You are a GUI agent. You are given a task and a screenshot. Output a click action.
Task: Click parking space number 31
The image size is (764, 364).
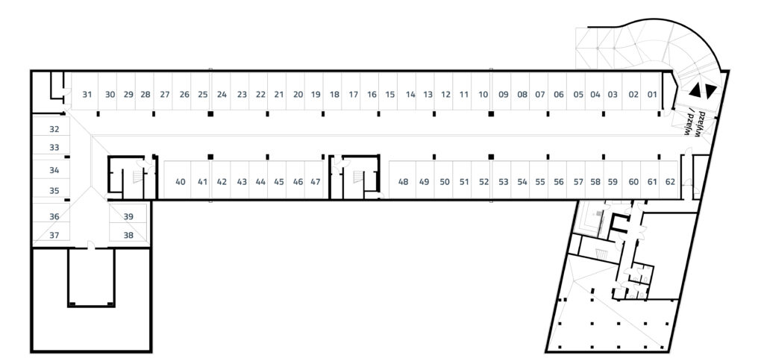[x=87, y=95]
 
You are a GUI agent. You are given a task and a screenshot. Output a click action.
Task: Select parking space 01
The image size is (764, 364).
[x=651, y=95]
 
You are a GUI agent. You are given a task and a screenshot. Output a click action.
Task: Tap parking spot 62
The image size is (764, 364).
[x=670, y=181]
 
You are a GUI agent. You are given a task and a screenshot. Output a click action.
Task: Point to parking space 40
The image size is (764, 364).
[x=181, y=181]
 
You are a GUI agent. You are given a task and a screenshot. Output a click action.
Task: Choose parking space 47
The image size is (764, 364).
[x=316, y=181]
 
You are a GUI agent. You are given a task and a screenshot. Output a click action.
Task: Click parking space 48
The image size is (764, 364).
[x=404, y=181]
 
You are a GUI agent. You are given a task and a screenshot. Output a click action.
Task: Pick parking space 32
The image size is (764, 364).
[x=54, y=129]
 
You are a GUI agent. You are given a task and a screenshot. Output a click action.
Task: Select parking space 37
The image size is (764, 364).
[x=54, y=235]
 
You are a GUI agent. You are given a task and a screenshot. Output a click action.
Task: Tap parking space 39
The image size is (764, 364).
[x=128, y=216]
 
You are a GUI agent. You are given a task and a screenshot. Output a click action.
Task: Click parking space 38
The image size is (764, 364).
[x=128, y=235]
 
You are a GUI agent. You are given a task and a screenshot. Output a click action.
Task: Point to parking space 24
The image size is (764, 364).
[x=222, y=95]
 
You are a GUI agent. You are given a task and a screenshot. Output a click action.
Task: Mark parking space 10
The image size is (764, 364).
[x=483, y=95]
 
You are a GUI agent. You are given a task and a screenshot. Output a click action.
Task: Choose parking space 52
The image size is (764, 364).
[x=483, y=181]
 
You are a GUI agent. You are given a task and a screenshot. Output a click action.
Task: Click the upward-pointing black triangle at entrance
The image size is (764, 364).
[x=695, y=90]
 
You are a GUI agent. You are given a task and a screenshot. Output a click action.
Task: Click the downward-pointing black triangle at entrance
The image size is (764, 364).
[x=710, y=90]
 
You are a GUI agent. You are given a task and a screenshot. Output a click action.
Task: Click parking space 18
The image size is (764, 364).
[x=334, y=95]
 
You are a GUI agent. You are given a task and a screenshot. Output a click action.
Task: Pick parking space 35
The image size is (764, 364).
[x=54, y=190]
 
